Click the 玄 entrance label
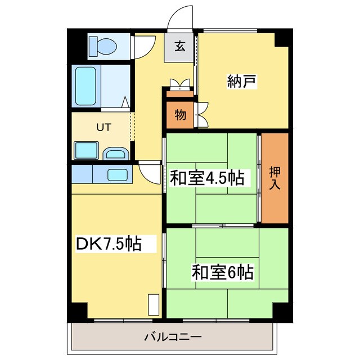[x=179, y=47]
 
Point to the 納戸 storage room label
[x=242, y=81]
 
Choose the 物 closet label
[x=179, y=115]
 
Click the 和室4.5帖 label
[x=207, y=178]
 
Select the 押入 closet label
[x=274, y=178]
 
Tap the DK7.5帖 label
[x=108, y=245]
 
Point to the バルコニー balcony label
[x=173, y=337]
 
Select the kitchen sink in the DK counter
[x=116, y=174]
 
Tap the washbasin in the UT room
[x=116, y=152]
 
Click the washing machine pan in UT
[x=87, y=151]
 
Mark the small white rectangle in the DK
[x=152, y=305]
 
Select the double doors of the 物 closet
[x=201, y=115]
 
